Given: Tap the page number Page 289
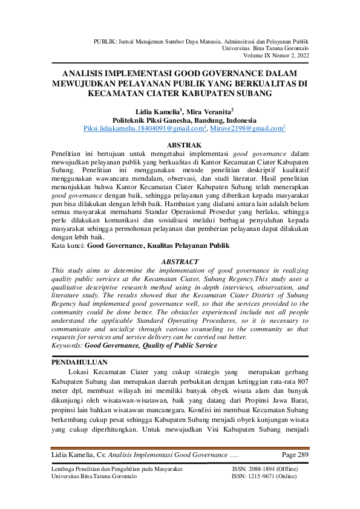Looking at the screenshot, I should (x=295, y=454).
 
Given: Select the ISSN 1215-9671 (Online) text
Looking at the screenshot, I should (x=264, y=476).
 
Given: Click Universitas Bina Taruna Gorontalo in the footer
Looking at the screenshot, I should (x=94, y=476).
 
